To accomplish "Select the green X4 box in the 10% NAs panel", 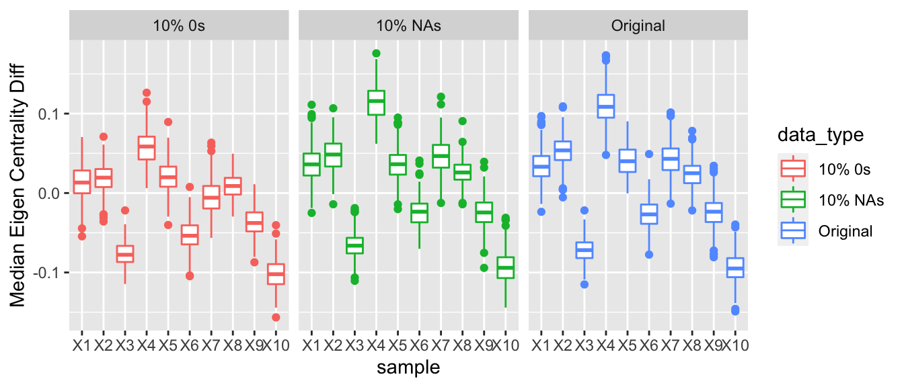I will tap(376, 102).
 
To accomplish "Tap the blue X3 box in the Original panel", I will tap(585, 250).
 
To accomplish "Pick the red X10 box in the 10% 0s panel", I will tap(276, 273).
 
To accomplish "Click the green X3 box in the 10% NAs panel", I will tap(354, 245).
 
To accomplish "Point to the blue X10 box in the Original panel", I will tap(735, 267).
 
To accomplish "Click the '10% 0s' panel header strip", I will tap(178, 26).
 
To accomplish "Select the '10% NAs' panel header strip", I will tap(408, 26).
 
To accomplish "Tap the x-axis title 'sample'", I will tap(408, 368).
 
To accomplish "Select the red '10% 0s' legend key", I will tap(794, 169).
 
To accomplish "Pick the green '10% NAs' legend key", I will tap(794, 200).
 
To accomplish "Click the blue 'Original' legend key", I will tap(794, 231).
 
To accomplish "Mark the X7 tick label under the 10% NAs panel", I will tap(441, 346).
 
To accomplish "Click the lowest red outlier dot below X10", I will tap(276, 317).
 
